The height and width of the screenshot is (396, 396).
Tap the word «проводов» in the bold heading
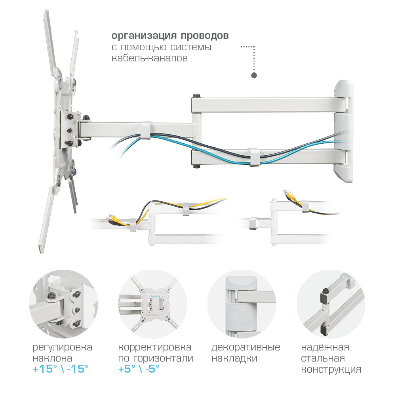205,36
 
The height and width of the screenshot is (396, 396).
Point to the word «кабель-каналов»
150,58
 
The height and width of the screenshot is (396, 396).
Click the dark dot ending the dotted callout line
254,75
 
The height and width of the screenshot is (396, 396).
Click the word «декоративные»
246,348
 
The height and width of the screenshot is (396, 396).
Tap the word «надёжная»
325,347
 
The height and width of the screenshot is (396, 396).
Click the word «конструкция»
331,369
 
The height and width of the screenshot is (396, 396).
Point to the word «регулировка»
63,348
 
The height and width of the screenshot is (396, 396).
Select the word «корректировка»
154,348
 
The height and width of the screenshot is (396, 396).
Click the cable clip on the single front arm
145,130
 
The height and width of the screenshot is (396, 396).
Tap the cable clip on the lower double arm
254,157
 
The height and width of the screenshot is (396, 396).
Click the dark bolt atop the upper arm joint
196,96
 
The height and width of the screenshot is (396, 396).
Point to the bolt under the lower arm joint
196,166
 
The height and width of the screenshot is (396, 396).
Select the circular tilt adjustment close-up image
63,303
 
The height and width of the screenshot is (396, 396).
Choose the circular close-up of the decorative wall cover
242,303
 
